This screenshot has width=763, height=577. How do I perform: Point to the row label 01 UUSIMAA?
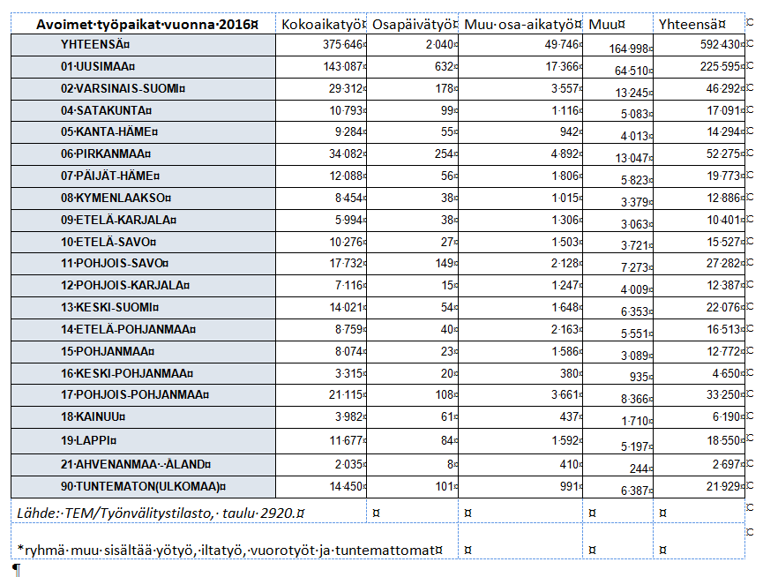pyautogui.click(x=99, y=66)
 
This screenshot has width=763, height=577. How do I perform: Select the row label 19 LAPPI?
pyautogui.click(x=89, y=439)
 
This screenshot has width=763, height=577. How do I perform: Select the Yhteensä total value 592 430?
pyautogui.click(x=720, y=45)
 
